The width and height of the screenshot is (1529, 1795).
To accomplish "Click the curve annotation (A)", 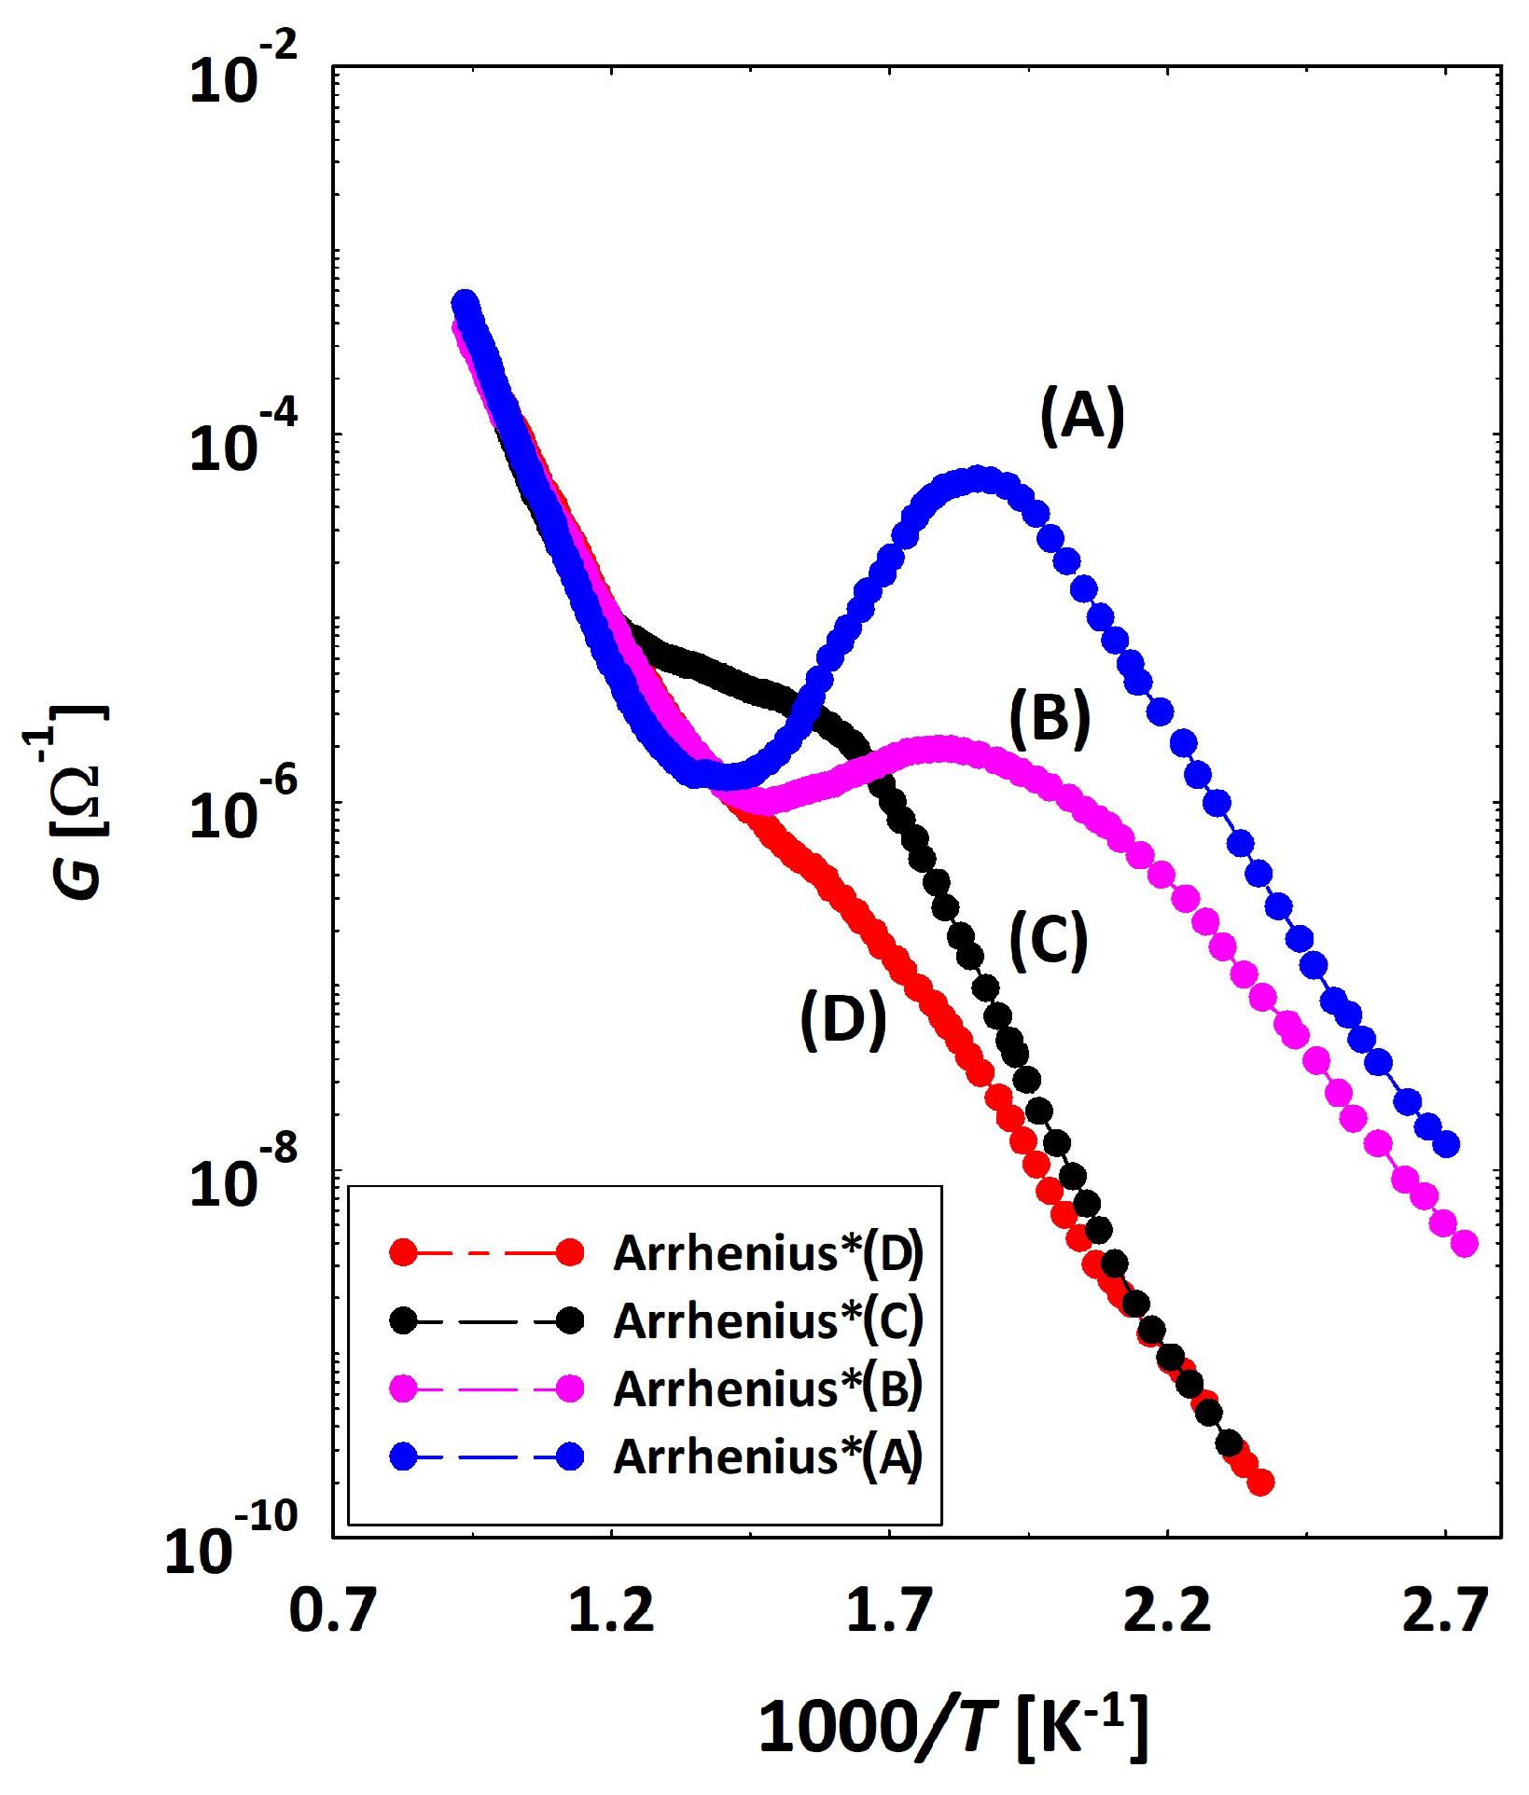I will pyautogui.click(x=1082, y=416).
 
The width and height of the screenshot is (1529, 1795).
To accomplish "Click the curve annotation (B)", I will pyautogui.click(x=1049, y=719).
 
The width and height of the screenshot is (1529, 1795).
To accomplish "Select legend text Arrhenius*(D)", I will pyautogui.click(x=768, y=1253).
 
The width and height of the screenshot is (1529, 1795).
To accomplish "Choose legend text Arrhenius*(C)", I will pyautogui.click(x=768, y=1320).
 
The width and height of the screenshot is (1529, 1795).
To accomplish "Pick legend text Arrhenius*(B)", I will pyautogui.click(x=768, y=1388).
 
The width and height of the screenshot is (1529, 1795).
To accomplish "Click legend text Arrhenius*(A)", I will pyautogui.click(x=768, y=1457).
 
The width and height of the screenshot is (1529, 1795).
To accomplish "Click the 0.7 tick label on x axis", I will pyautogui.click(x=333, y=1610).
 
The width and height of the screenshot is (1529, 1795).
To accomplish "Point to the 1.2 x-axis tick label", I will pyautogui.click(x=611, y=1610).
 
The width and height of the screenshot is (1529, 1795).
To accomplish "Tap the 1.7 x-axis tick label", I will pyautogui.click(x=889, y=1610).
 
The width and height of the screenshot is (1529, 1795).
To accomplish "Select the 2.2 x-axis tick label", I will pyautogui.click(x=1167, y=1610).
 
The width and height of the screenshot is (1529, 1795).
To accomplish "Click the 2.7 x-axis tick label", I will pyautogui.click(x=1445, y=1610).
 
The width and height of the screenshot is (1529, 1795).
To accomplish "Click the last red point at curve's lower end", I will pyautogui.click(x=1260, y=1482).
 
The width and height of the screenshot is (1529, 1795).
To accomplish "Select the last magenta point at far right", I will pyautogui.click(x=1465, y=1243).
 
